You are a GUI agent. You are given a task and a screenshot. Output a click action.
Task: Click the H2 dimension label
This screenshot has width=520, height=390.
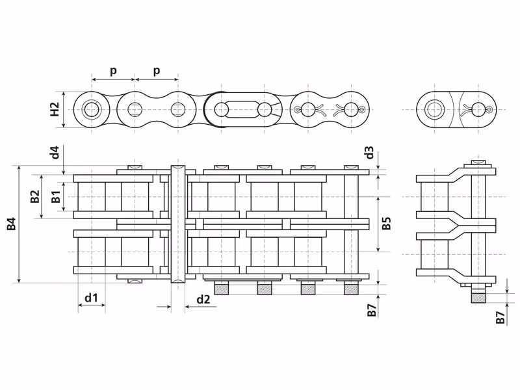(x=55, y=109)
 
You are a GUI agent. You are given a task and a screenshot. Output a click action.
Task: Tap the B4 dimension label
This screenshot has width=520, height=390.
(x=12, y=224)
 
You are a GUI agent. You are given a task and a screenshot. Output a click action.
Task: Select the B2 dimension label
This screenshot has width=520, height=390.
(x=35, y=196)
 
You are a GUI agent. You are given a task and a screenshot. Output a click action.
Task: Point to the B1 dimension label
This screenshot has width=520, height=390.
(x=56, y=197)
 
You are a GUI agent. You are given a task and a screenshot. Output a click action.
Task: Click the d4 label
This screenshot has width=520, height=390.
(x=55, y=152)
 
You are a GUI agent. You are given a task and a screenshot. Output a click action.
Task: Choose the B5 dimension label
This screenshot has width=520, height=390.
(x=386, y=224)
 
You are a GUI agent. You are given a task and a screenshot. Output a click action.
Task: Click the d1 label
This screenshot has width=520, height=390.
(x=91, y=298)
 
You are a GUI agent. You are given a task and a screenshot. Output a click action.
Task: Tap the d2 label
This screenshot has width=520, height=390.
(x=203, y=299)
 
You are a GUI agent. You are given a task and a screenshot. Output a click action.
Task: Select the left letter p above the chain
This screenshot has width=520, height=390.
(x=113, y=71)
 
